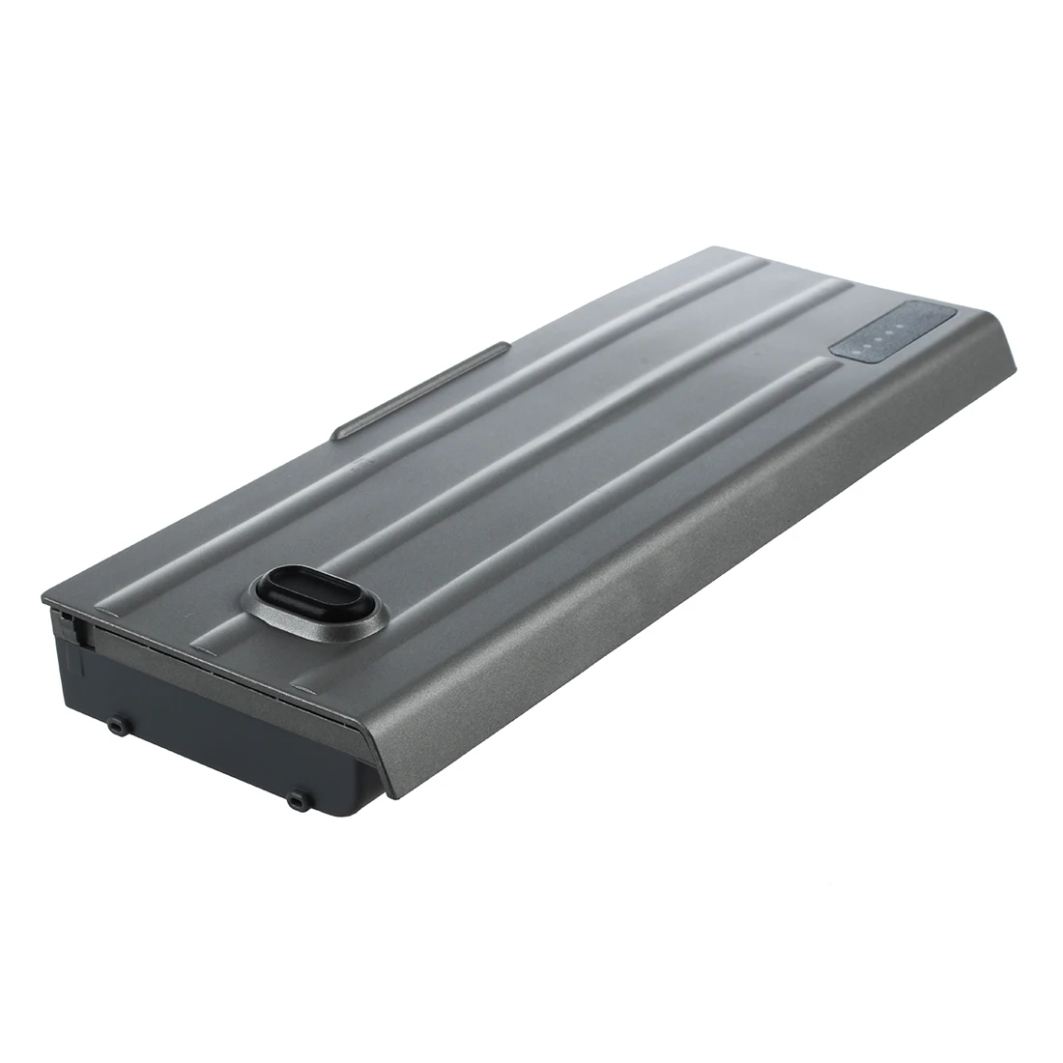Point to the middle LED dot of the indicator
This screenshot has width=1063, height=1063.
pos(877,337)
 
